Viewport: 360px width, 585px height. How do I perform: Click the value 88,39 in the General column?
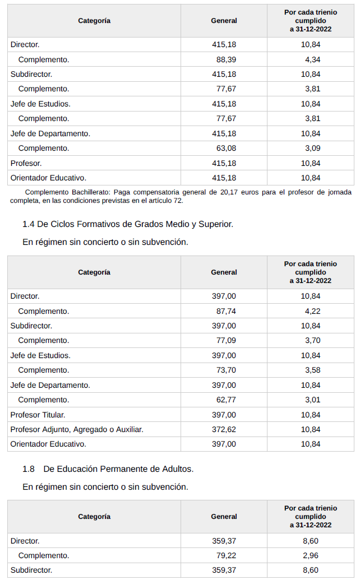tap(226, 59)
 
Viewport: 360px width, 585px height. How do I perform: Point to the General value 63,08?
tap(226, 148)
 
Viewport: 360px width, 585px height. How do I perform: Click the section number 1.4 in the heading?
tap(29, 224)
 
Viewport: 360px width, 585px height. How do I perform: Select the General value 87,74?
tap(226, 311)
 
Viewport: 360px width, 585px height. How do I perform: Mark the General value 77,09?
tap(226, 341)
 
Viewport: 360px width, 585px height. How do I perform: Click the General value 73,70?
tap(226, 370)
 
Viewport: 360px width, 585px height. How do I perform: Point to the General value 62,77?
tap(226, 400)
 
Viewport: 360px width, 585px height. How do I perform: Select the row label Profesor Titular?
tap(38, 415)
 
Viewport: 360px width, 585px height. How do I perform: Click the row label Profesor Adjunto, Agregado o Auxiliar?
tap(77, 429)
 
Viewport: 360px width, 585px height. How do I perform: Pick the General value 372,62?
tap(224, 429)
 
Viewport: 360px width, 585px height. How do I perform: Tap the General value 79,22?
tap(226, 556)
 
